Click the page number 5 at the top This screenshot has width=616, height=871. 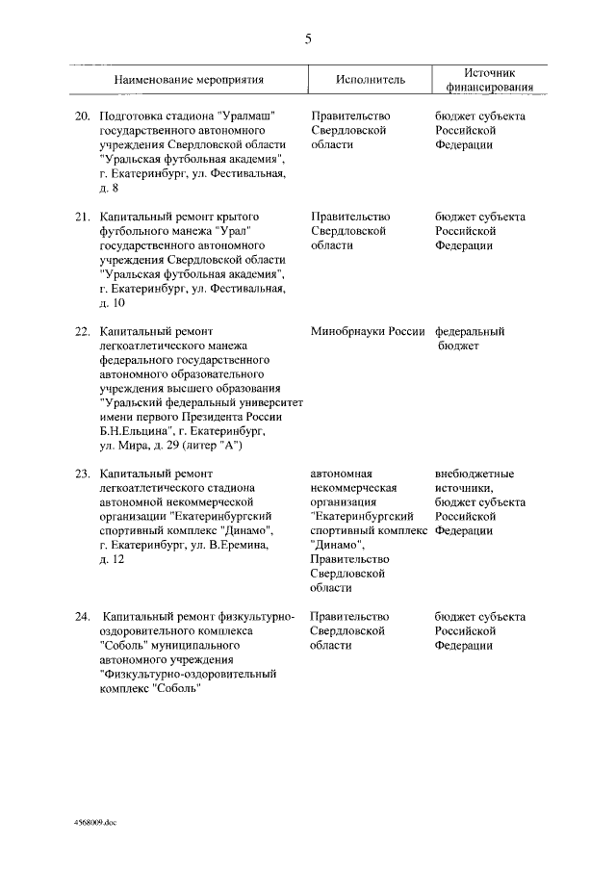(308, 38)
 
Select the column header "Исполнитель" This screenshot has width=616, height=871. (371, 79)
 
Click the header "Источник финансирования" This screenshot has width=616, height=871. (490, 79)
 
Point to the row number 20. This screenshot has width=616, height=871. (83, 115)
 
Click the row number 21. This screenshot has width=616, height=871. (83, 217)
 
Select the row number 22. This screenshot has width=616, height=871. (83, 332)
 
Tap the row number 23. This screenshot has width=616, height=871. (83, 474)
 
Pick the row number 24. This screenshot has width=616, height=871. (83, 616)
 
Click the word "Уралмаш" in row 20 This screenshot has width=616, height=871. (248, 115)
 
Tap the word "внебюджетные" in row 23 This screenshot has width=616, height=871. (475, 474)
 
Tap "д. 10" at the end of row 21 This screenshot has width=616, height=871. (113, 303)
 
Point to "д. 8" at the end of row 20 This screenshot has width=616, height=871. (110, 188)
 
